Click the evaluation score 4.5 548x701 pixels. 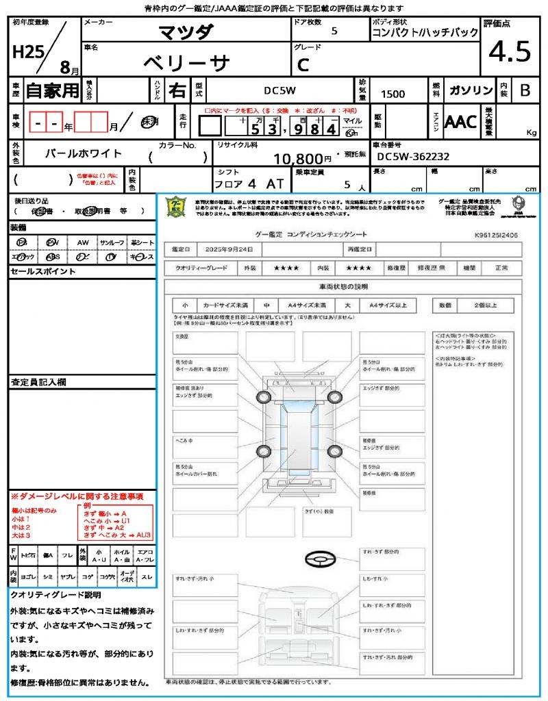[510, 51]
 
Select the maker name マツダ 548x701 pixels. [186, 31]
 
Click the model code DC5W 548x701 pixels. [279, 90]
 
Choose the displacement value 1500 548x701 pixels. [393, 94]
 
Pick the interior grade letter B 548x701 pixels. [525, 90]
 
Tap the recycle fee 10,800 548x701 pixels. [298, 159]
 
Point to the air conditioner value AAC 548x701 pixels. [460, 123]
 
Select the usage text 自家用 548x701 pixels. [53, 90]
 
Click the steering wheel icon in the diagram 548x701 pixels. [319, 559]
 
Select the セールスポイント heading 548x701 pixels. [42, 272]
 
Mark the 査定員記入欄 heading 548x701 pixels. [42, 381]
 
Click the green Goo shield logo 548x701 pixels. [177, 206]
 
